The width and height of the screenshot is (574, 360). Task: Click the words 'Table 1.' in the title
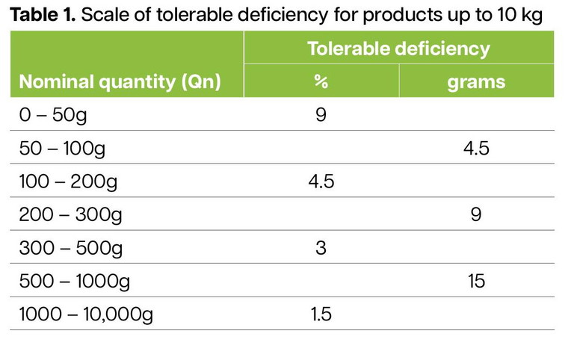(41, 14)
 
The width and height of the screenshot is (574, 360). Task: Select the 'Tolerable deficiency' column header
(398, 49)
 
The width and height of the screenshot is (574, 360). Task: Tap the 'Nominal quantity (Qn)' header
(120, 81)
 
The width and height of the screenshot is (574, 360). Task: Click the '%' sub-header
(321, 81)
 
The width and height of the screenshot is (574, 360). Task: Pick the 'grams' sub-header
(476, 81)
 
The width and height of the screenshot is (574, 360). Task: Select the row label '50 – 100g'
(62, 148)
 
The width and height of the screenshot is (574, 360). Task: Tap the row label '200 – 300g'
(70, 215)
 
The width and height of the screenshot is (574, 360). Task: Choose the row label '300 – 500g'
(70, 248)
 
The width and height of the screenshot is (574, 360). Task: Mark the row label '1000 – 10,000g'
(86, 314)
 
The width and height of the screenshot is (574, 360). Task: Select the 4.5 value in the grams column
(476, 148)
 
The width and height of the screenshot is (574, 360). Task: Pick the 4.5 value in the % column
(321, 181)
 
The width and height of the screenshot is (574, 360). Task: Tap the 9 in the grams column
(476, 215)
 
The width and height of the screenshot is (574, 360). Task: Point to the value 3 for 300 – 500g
(321, 248)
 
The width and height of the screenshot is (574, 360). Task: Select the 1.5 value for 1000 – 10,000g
(321, 314)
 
